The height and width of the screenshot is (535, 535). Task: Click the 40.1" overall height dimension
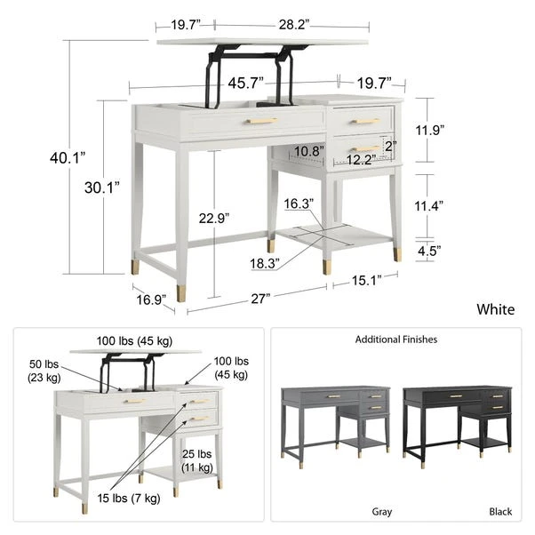(68, 157)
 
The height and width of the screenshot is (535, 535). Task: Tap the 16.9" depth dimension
(150, 299)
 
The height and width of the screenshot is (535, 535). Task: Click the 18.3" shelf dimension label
(265, 263)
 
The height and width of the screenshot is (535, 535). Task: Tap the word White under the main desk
(495, 309)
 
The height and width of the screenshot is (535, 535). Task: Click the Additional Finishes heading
(396, 339)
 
